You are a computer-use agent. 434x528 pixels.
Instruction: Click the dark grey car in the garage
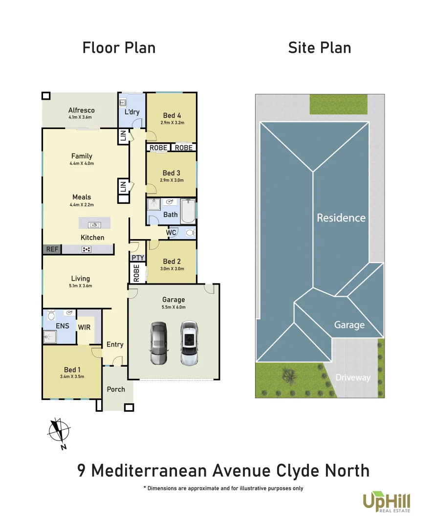(159, 343)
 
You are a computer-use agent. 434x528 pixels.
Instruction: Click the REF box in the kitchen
(52, 249)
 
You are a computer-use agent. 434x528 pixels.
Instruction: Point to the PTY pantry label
(137, 258)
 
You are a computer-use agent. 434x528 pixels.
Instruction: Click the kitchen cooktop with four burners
(87, 249)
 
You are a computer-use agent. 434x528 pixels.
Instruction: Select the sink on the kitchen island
(94, 224)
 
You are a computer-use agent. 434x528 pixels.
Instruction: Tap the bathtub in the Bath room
(188, 211)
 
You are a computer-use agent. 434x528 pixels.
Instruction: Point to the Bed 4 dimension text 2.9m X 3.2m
(172, 123)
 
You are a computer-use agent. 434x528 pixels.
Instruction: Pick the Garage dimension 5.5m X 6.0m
(174, 307)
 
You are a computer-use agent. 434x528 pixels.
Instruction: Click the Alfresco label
(82, 110)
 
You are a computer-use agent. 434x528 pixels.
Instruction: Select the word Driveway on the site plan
(353, 377)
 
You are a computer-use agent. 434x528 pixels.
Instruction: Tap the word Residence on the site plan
(341, 218)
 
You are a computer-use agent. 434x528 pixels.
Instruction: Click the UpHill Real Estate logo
(386, 502)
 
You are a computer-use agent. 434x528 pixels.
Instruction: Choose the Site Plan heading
(319, 48)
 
